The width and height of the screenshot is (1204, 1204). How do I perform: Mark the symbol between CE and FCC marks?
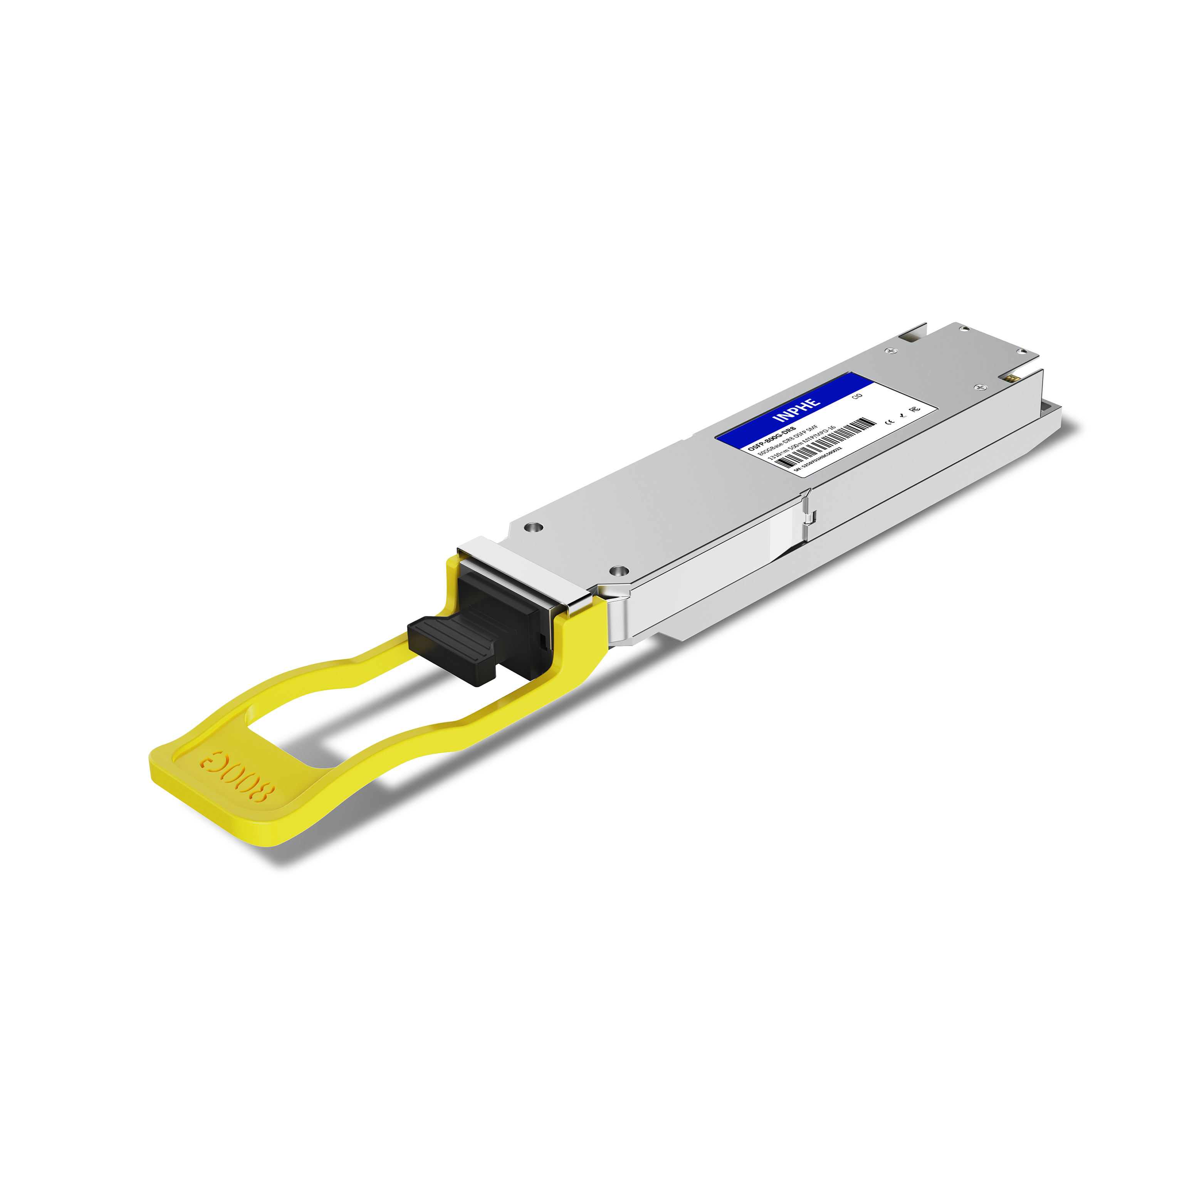pyautogui.click(x=902, y=416)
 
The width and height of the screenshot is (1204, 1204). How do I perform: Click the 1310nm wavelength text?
pyautogui.click(x=779, y=455)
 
